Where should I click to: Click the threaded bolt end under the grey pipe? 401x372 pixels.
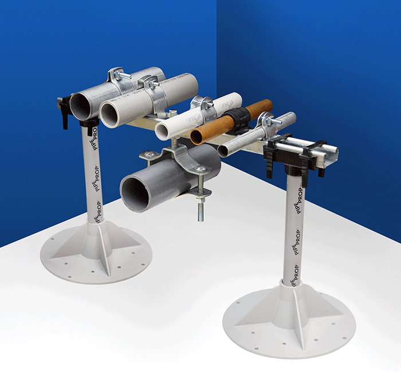pyautogui.click(x=202, y=211)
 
